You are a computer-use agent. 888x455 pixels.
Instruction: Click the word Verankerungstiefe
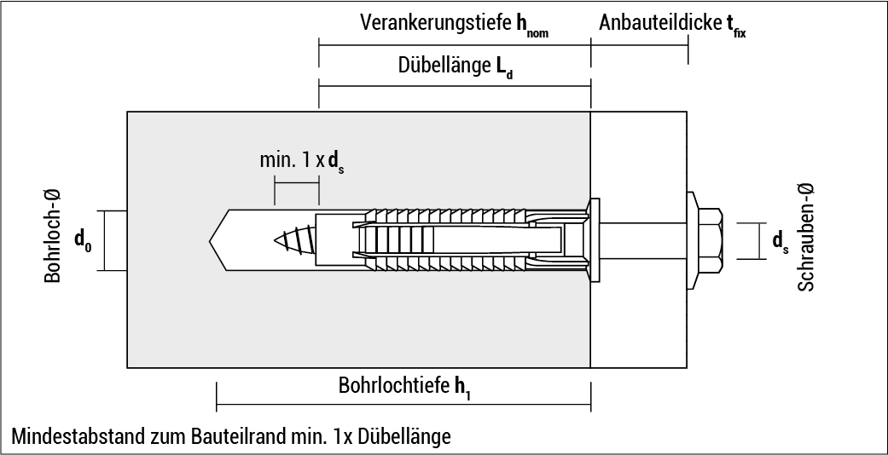click(436, 23)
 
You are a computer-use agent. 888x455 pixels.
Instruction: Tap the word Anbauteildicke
click(659, 23)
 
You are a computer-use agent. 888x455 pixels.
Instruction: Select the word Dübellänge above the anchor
click(441, 65)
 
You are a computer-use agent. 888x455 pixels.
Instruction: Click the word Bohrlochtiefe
click(393, 386)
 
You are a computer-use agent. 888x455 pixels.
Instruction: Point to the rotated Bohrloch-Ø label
click(53, 237)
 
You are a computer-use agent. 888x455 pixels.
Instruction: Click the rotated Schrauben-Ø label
click(806, 237)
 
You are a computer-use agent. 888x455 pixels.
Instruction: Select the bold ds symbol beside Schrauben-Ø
click(780, 242)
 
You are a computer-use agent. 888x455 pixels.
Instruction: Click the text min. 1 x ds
click(302, 161)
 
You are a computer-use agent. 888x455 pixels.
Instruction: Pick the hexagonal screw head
click(705, 240)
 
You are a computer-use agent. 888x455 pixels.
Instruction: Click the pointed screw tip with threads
click(294, 240)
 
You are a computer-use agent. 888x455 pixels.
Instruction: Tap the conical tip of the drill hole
click(218, 240)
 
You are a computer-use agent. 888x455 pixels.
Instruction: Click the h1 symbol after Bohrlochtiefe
click(462, 388)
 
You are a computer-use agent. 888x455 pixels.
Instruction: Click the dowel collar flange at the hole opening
click(594, 240)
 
